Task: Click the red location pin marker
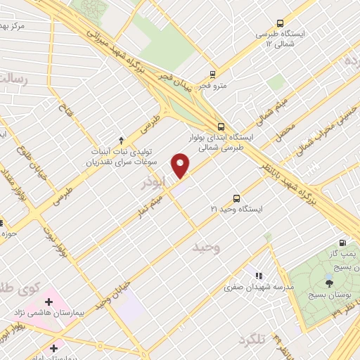click(181, 165)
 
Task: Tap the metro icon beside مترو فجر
click(212, 74)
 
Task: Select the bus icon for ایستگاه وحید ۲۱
click(236, 198)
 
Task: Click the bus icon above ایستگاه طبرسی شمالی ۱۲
click(280, 23)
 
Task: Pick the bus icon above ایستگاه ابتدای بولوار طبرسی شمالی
click(221, 127)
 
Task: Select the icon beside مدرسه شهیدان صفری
click(259, 276)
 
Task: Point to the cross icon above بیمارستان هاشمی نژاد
click(49, 302)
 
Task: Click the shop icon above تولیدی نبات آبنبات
click(121, 140)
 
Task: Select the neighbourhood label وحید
click(206, 247)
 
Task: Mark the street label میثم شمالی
click(256, 112)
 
